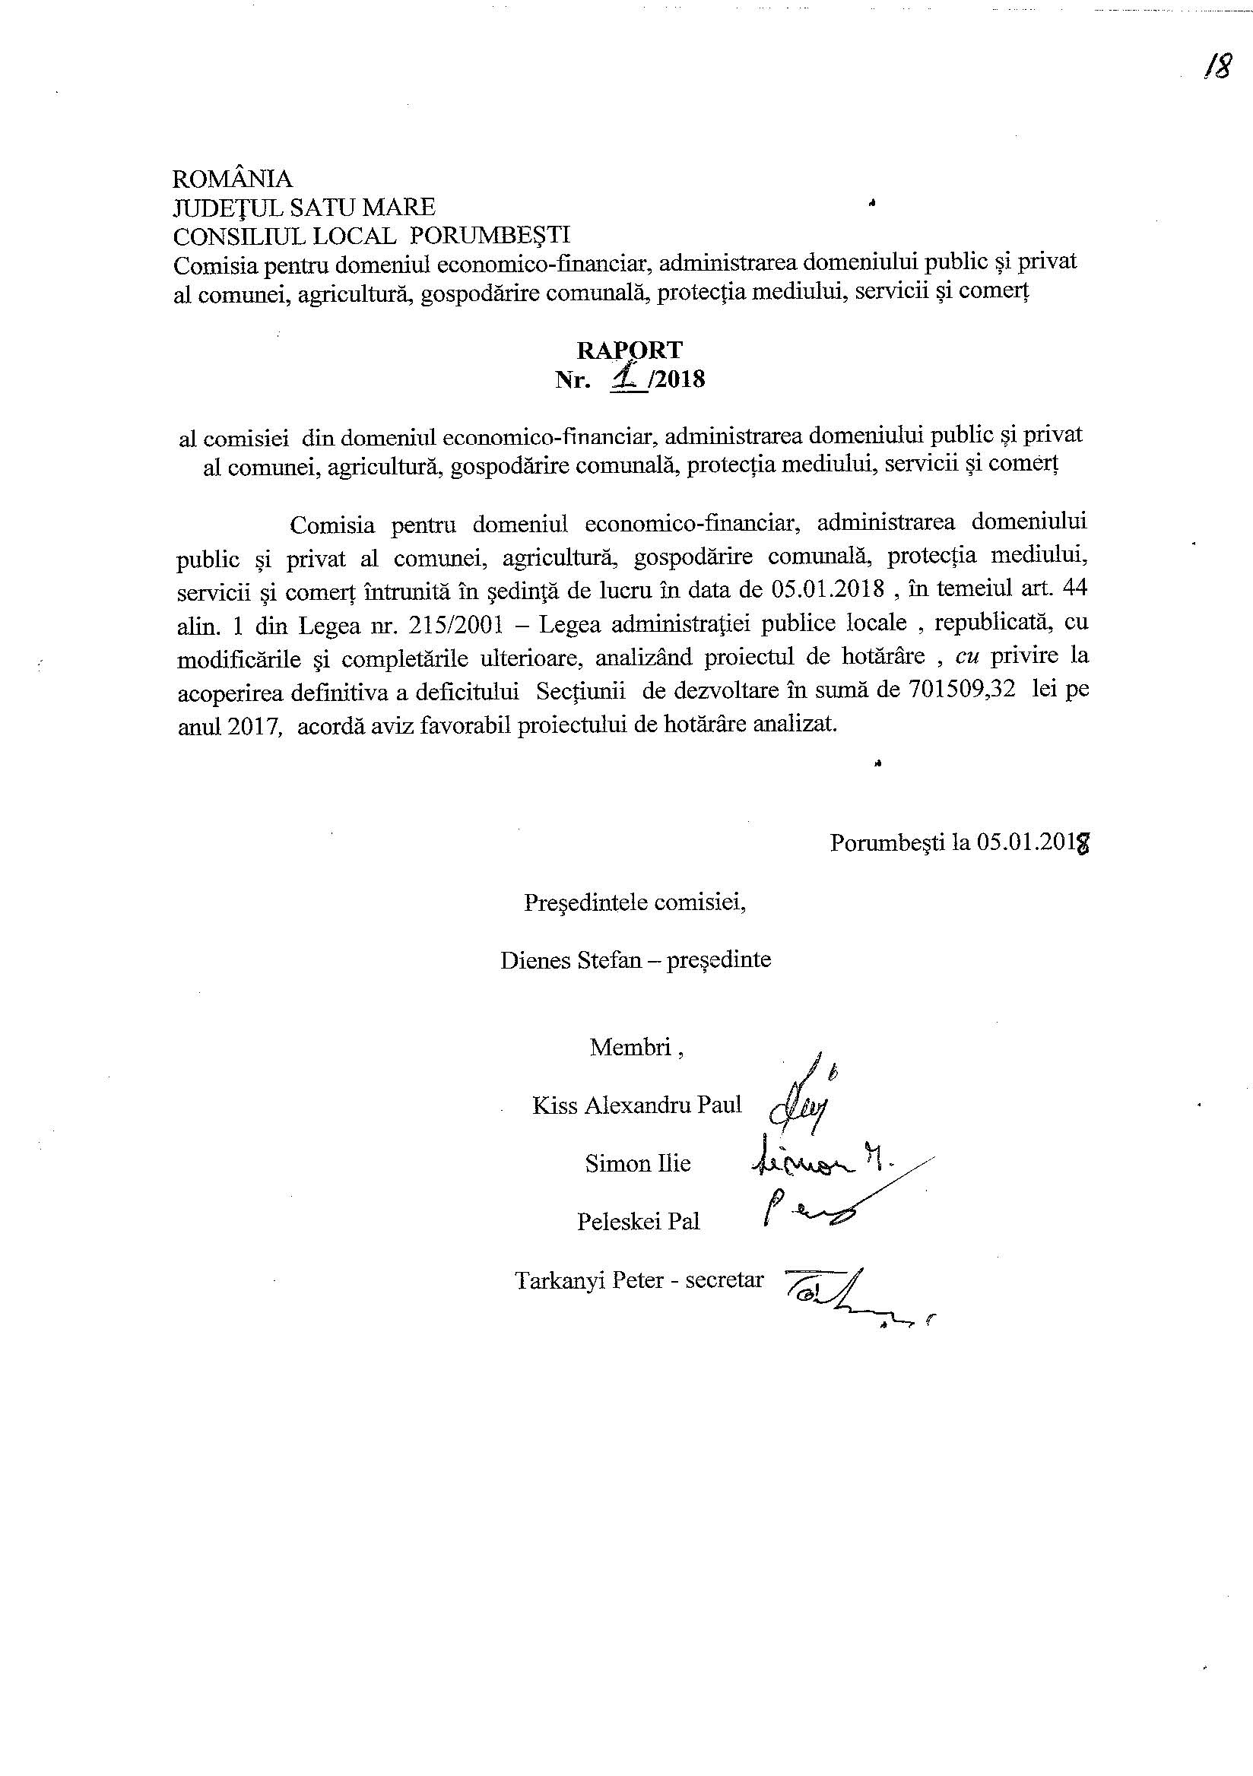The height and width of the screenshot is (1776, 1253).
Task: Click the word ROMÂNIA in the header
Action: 233,179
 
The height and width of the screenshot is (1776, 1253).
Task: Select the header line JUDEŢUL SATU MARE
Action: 304,207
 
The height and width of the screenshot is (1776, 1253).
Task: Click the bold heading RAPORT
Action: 630,350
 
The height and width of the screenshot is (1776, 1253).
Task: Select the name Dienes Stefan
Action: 566,960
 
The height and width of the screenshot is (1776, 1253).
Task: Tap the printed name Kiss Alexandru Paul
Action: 636,1105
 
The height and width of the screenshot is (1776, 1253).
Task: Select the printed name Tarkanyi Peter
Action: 589,1280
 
